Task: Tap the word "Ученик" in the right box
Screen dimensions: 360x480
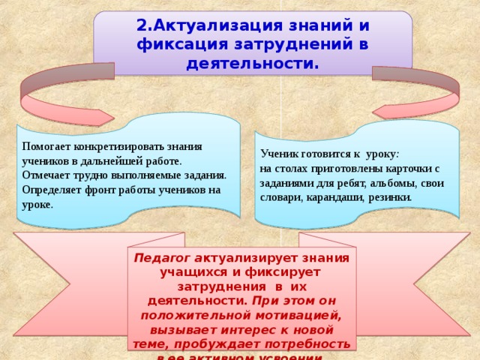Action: [279, 154]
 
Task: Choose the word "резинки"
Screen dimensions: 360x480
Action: [389, 196]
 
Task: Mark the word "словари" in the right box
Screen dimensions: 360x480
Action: [280, 196]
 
